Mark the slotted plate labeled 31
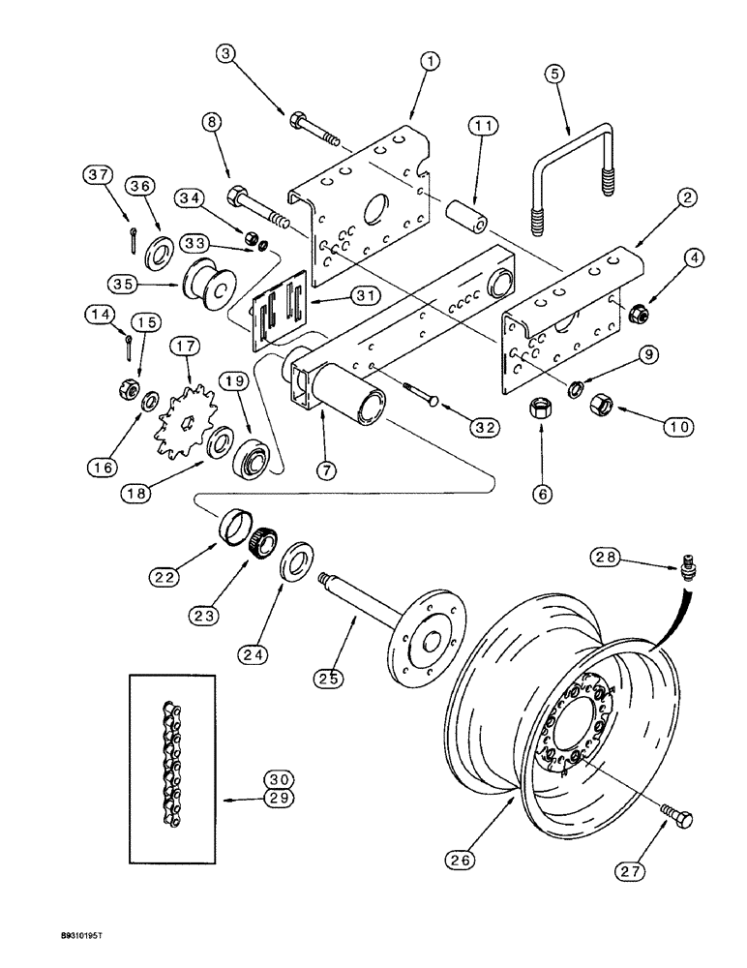278,310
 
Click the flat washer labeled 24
294,566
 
